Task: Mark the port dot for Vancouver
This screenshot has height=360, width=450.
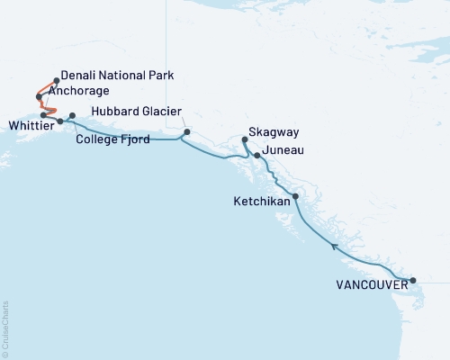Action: (413, 281)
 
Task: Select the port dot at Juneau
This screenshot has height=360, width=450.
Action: (257, 156)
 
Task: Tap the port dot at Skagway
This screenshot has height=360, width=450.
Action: (245, 139)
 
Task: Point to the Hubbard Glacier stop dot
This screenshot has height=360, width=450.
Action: (186, 132)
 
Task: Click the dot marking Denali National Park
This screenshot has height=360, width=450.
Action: (57, 80)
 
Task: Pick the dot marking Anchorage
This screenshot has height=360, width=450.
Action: (38, 96)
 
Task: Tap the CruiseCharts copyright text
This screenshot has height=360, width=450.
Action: (5, 328)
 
